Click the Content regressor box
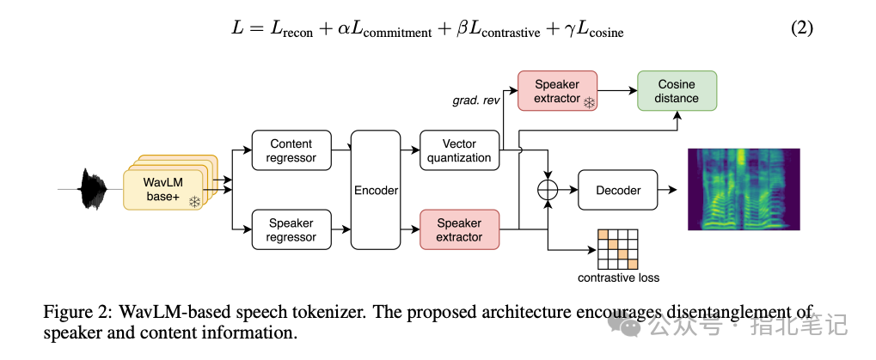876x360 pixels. pos(291,150)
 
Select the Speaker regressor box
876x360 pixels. pos(291,229)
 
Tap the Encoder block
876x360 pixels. pos(376,190)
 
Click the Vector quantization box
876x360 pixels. pos(459,150)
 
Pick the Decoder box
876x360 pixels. pos(618,191)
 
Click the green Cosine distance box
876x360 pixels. pos(677,91)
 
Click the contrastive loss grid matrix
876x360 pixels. pos(617,249)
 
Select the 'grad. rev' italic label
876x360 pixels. pos(475,101)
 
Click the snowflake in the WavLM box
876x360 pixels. pos(194,202)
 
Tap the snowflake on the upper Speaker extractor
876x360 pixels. pos(589,103)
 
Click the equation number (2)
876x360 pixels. pos(802,28)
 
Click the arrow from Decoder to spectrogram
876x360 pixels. pos(668,191)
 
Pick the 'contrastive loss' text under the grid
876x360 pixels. pos(618,278)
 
